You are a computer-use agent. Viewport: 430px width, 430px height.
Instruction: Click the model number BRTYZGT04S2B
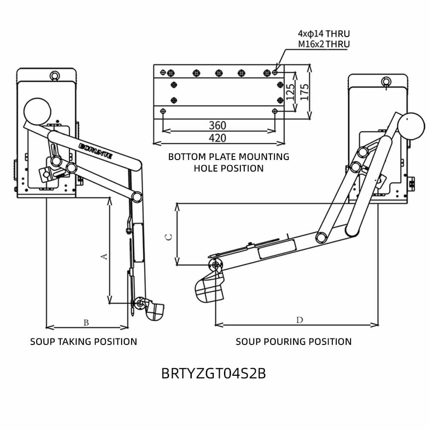(213, 373)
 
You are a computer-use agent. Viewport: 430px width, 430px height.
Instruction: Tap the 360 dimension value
(218, 125)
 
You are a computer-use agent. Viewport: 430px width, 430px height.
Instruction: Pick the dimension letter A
(103, 256)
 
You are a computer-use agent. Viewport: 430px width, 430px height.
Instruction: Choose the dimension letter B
(86, 322)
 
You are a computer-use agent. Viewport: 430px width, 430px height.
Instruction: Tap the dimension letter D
(300, 319)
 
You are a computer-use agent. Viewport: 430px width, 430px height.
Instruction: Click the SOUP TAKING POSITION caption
(83, 342)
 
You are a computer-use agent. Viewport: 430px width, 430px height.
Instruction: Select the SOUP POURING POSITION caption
(293, 342)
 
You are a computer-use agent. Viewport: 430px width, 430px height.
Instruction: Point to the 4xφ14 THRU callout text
(324, 34)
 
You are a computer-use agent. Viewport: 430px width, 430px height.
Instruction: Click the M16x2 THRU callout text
(324, 44)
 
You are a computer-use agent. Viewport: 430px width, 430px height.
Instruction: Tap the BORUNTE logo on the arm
(96, 151)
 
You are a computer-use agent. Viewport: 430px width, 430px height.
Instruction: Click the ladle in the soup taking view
(154, 311)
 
